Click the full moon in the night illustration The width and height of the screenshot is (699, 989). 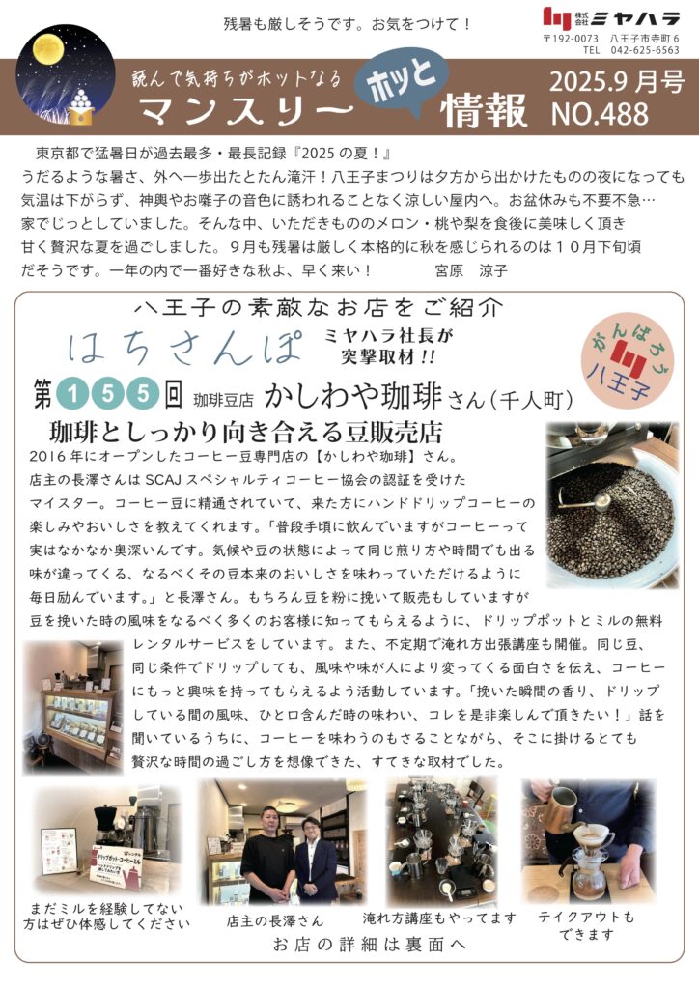(x=46, y=49)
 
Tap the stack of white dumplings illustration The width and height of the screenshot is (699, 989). (x=81, y=100)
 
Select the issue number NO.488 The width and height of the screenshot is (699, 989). (x=599, y=114)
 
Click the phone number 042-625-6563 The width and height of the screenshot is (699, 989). (x=646, y=50)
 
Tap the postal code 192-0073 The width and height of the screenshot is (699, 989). (x=571, y=39)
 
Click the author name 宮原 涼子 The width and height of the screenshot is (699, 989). (x=471, y=270)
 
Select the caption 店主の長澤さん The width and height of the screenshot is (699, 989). (x=275, y=921)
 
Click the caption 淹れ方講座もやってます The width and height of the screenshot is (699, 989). (x=439, y=918)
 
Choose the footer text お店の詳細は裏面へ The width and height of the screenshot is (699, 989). (x=370, y=945)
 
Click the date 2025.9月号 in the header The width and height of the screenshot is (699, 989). (x=616, y=82)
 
